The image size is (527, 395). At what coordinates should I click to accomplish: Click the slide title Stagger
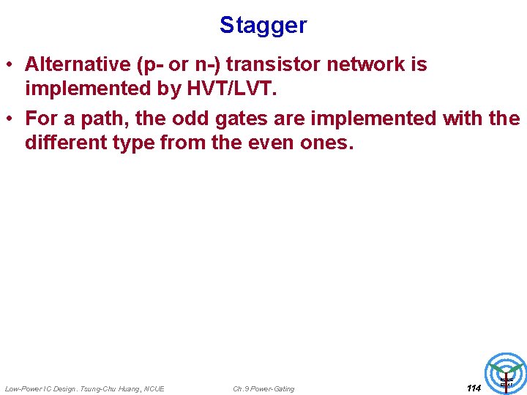pos(263,26)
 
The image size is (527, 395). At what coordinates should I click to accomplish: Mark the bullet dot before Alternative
pos(10,65)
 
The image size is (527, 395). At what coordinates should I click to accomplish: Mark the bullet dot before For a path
pos(10,118)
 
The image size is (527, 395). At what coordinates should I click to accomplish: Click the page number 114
pos(474,388)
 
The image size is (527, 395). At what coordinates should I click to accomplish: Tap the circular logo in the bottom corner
pos(506,374)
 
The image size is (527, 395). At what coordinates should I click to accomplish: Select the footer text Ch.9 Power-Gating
pos(263,388)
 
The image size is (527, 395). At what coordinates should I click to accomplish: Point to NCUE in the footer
pos(154,388)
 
